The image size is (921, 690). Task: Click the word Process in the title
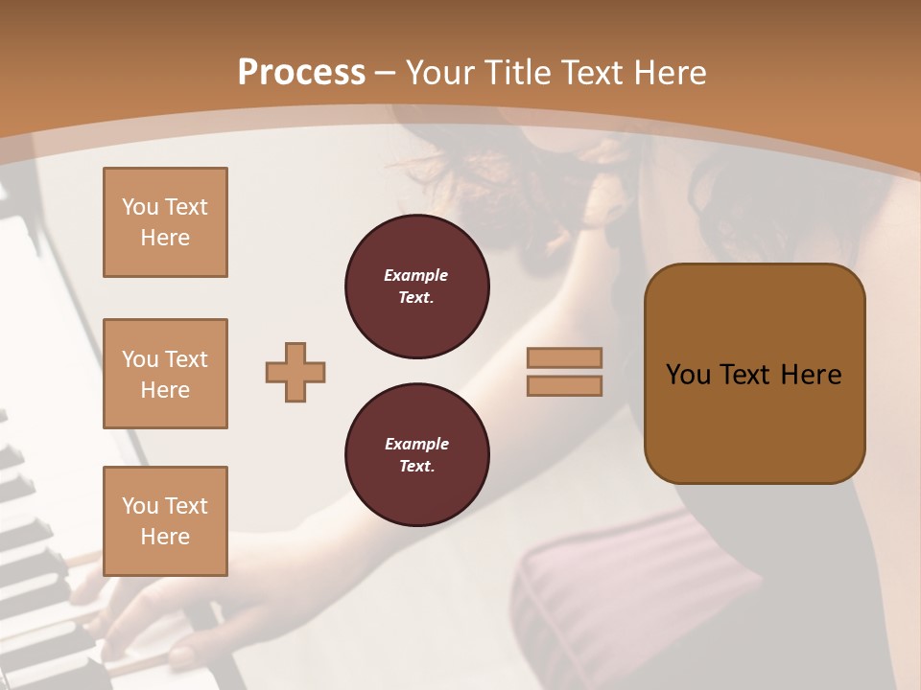[x=301, y=73]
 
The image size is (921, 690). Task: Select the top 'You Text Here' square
[x=165, y=222]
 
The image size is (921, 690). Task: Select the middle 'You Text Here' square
[x=165, y=374]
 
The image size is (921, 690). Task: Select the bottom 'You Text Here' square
[x=165, y=521]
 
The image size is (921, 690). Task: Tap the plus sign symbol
[x=295, y=372]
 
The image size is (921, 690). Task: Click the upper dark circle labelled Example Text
[x=416, y=287]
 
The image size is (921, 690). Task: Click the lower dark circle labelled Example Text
[x=416, y=455]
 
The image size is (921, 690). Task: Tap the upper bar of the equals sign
[x=564, y=357]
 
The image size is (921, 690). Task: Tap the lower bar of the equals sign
[x=564, y=385]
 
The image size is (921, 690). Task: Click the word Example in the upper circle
[x=416, y=275]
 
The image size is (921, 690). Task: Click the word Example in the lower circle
[x=416, y=444]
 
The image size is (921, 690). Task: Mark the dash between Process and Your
[x=386, y=73]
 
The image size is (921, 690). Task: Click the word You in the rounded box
[x=688, y=375]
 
